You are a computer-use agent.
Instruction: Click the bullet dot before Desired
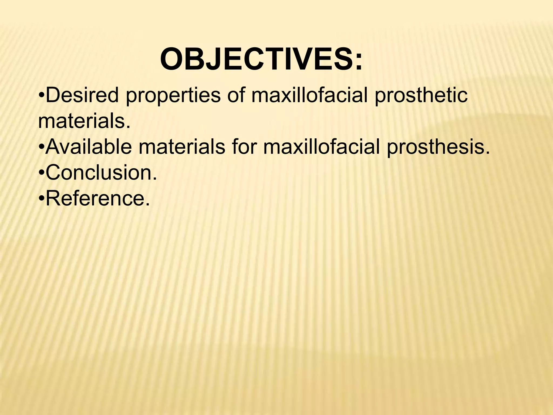pyautogui.click(x=41, y=96)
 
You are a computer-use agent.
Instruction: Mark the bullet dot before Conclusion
pyautogui.click(x=41, y=173)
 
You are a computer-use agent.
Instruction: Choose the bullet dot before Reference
pyautogui.click(x=41, y=199)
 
